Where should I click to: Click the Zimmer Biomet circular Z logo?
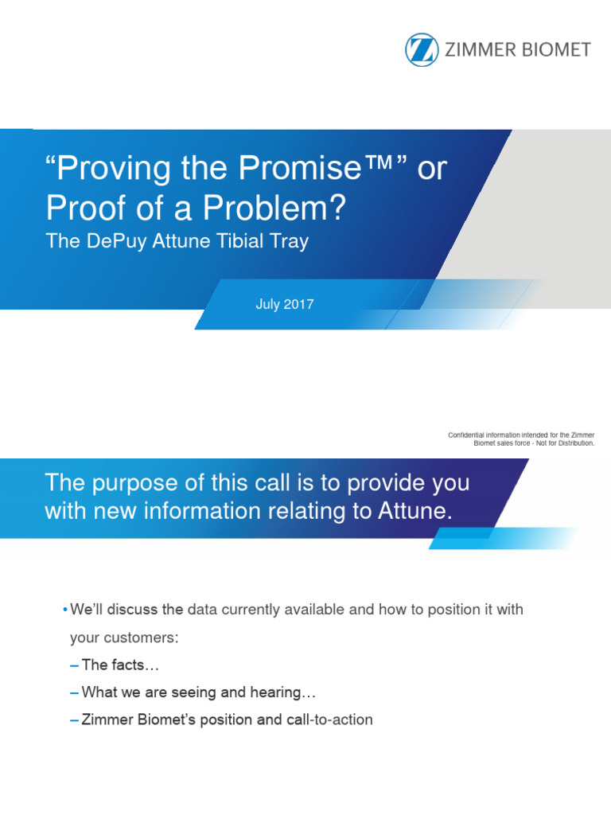coord(422,49)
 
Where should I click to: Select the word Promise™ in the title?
coord(319,169)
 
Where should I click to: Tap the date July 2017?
coord(285,304)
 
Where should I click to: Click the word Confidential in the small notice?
coord(470,435)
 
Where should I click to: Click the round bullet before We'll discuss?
coord(64,610)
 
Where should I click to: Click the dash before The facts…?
coord(74,665)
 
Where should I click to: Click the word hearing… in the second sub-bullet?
coord(275,692)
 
